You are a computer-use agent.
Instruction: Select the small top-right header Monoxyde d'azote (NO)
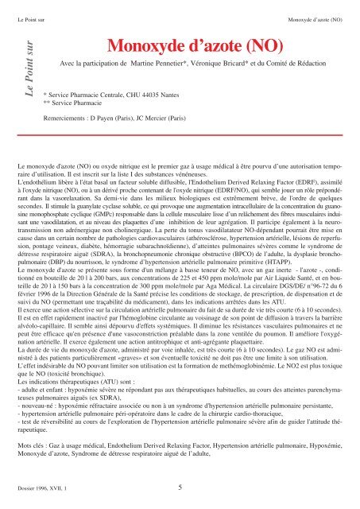(x=315, y=17)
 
